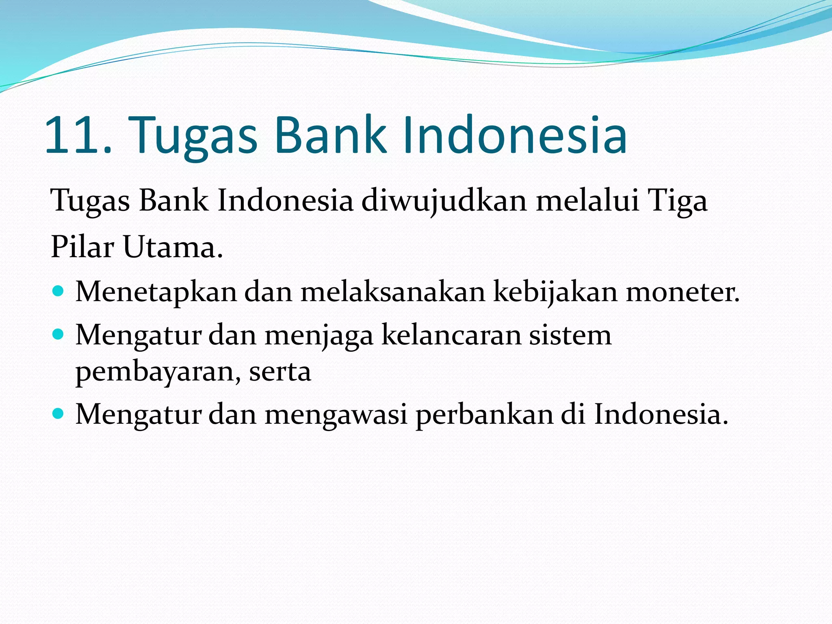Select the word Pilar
(82, 247)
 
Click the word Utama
(173, 247)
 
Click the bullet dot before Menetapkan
(58, 291)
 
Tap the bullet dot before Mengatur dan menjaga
(58, 335)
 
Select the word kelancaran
(451, 336)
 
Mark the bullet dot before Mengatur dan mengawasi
(58, 414)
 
